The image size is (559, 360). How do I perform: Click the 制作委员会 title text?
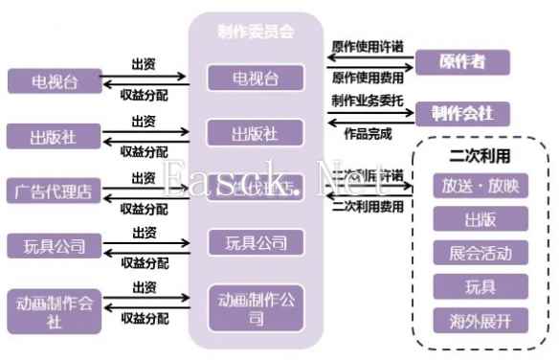point(255,31)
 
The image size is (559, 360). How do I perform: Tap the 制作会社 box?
point(461,113)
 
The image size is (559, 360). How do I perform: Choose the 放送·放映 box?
point(480,186)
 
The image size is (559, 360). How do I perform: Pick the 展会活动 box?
point(480,253)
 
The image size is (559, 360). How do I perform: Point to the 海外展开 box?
point(480,320)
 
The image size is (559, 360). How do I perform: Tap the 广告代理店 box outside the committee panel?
point(54,191)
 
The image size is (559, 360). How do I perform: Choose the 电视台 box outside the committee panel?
point(54,80)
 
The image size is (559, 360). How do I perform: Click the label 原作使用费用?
point(367,77)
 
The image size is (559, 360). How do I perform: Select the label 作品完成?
point(367,133)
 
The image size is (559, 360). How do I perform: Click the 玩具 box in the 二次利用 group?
point(480,285)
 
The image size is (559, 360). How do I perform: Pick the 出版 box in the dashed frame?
point(480,220)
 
